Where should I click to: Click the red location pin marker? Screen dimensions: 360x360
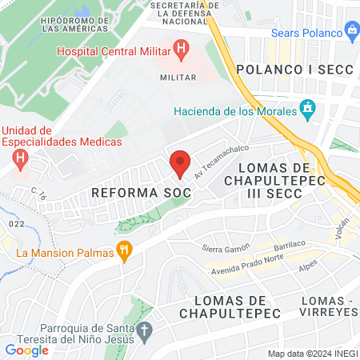pyautogui.click(x=180, y=163)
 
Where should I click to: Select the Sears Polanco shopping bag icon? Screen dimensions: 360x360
pyautogui.click(x=351, y=30)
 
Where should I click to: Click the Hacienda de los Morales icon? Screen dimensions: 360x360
pyautogui.click(x=306, y=107)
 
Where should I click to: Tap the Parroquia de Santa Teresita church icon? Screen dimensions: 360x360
pyautogui.click(x=145, y=330)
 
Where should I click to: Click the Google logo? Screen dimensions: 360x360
pyautogui.click(x=27, y=350)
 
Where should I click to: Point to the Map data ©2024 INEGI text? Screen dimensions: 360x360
pyautogui.click(x=311, y=354)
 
